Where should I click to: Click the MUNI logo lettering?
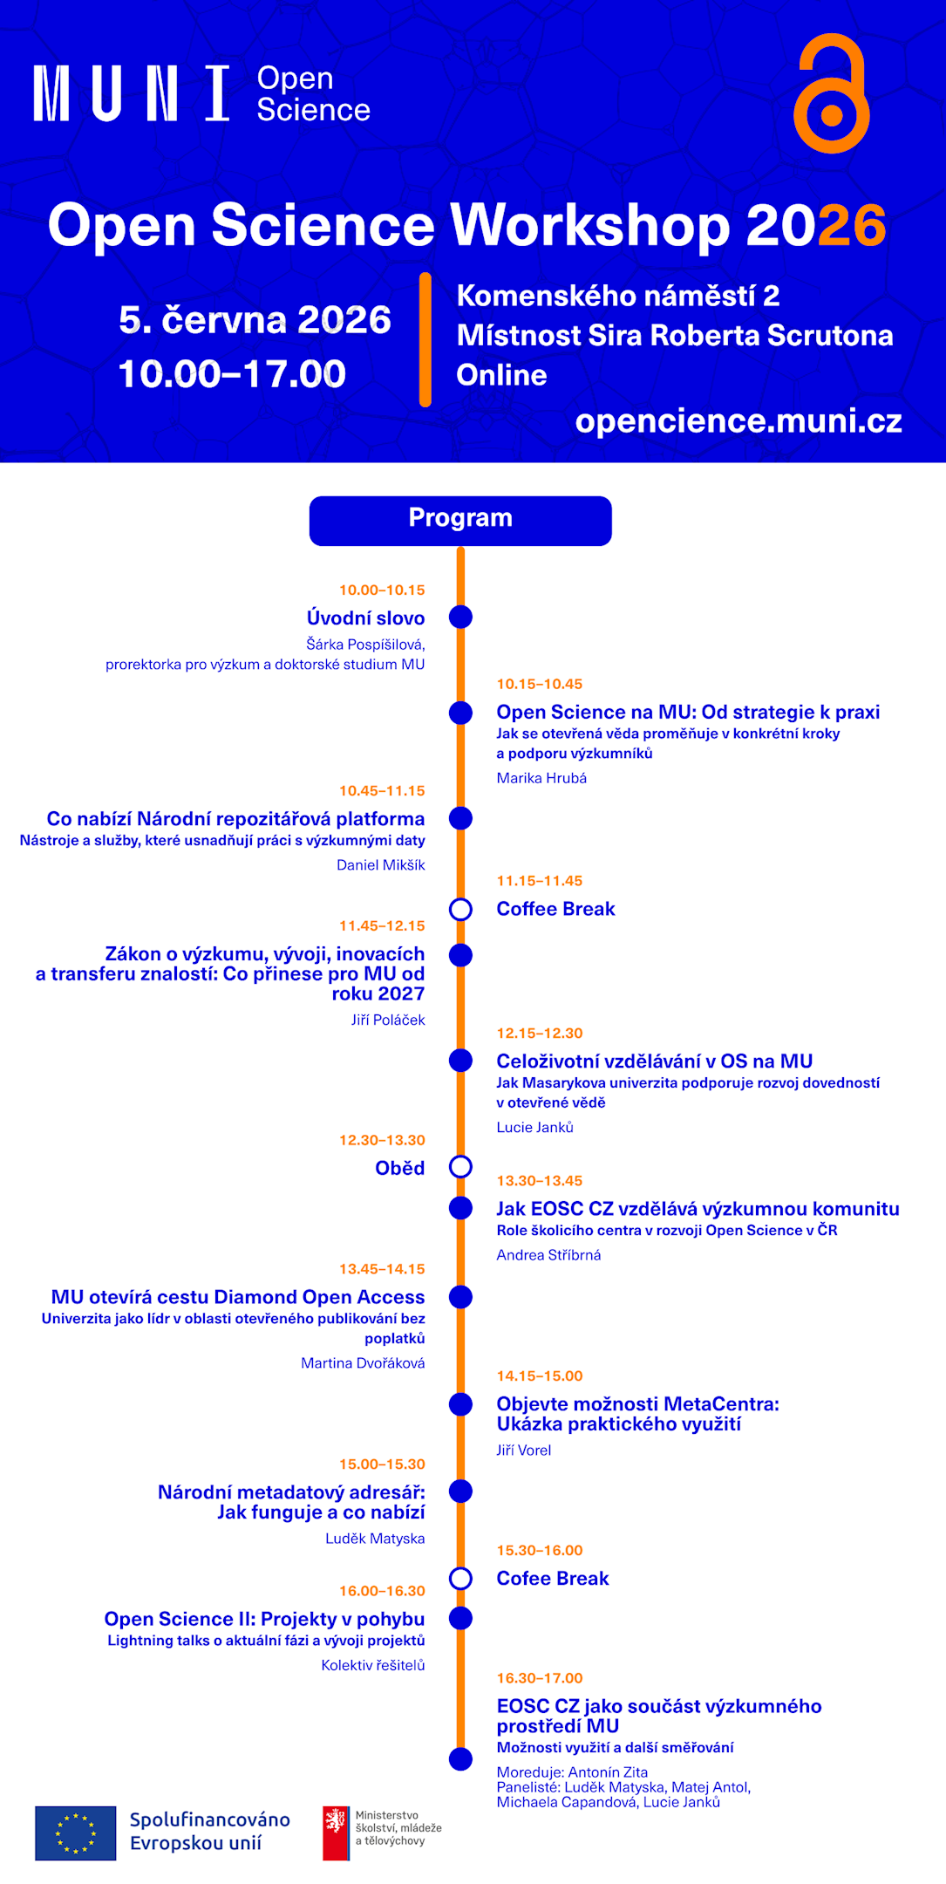coord(132,93)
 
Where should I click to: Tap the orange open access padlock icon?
coord(831,94)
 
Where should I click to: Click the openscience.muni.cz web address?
coord(738,421)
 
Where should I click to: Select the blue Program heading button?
coord(460,521)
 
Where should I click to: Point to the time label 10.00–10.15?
coord(382,590)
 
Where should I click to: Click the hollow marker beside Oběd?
coord(460,1167)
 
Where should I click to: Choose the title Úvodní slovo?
coord(365,618)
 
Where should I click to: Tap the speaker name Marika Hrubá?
coord(541,778)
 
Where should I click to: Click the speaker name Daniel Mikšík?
coord(381,865)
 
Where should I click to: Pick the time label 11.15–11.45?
coord(540,881)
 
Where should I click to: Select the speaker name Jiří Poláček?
coord(388,1020)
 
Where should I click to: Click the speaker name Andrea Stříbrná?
coord(548,1255)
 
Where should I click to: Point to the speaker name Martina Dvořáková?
coord(363,1363)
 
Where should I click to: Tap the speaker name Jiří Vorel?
coord(524,1451)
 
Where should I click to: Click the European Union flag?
coord(76,1833)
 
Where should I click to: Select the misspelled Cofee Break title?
coord(553,1579)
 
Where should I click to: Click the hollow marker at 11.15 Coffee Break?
coord(460,910)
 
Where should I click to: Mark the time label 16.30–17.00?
coord(540,1678)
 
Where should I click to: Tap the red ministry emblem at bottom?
coord(336,1833)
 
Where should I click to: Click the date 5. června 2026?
coord(255,320)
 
